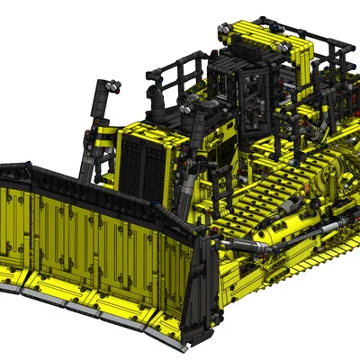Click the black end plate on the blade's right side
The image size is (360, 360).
point(202,288)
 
